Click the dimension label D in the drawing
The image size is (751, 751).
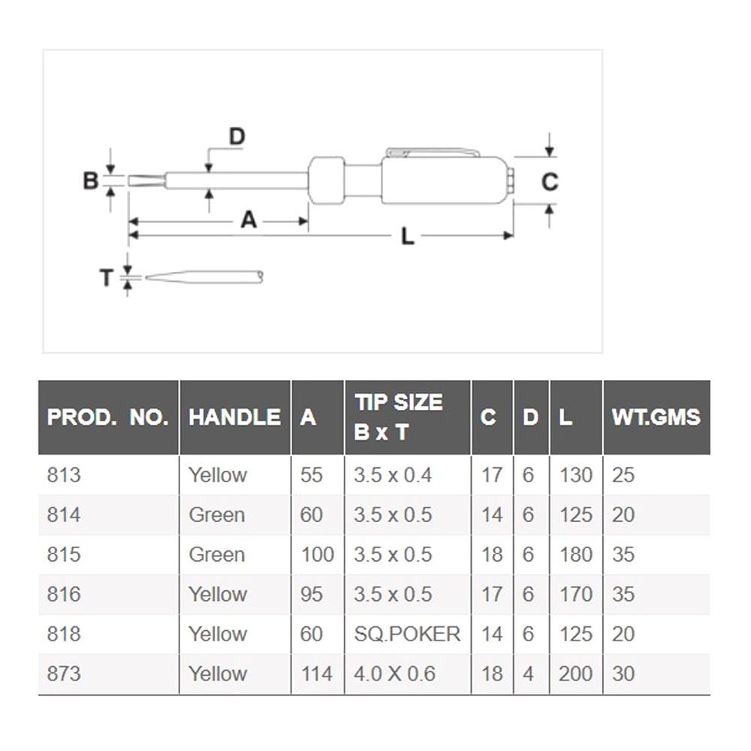(237, 137)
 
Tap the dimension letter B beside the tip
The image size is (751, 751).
(91, 181)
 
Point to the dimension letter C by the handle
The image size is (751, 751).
(550, 182)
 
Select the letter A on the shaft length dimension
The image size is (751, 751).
(249, 220)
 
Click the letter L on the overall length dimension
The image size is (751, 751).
(408, 237)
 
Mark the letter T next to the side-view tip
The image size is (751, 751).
(107, 278)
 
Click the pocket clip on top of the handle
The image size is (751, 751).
(433, 152)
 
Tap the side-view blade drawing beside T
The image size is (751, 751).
(204, 277)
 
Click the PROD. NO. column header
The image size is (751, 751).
(107, 418)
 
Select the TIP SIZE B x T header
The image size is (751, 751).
(399, 417)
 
